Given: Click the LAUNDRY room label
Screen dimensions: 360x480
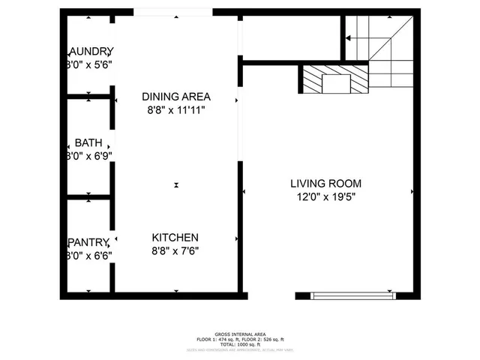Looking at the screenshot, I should coord(91,51).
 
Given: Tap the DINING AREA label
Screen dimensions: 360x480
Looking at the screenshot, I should coord(176,97).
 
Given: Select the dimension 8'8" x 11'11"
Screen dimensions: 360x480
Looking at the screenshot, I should coord(176,110).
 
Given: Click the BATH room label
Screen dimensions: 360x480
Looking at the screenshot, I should coord(88,143).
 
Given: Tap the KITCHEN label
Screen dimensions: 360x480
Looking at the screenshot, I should coord(176,237).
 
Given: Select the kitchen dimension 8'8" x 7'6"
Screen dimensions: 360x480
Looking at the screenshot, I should coord(176,250).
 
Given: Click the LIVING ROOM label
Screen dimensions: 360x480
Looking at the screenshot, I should coord(326,183).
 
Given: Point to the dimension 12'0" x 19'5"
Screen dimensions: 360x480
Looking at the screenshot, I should coord(326,197).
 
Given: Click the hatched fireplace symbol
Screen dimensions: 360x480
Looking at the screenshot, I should coord(335,79).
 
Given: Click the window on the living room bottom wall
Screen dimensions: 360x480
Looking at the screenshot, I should coord(351,295).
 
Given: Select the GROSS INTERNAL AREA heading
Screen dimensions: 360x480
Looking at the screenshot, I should coord(239,335).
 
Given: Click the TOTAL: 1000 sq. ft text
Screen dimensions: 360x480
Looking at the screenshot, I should coord(239,345).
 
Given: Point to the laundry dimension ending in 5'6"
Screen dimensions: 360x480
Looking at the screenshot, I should coord(90,65).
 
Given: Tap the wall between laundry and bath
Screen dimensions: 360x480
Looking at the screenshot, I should coord(88,96).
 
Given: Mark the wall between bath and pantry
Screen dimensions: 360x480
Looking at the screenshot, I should coord(88,197).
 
